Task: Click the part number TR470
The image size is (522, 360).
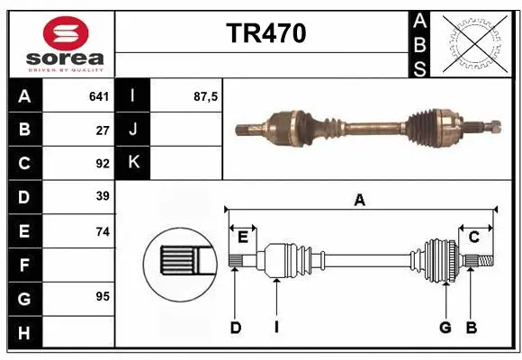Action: (x=265, y=33)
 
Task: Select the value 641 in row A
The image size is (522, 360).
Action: (x=98, y=96)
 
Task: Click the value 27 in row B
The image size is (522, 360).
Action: (x=102, y=130)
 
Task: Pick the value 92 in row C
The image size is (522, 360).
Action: (x=102, y=163)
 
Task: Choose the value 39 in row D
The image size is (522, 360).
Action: (x=102, y=196)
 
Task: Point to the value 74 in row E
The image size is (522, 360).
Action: (x=102, y=231)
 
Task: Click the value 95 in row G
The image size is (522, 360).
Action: (x=102, y=296)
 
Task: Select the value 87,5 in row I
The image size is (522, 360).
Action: (x=206, y=96)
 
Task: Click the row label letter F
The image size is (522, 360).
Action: (x=24, y=265)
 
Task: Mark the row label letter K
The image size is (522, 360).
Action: (x=134, y=163)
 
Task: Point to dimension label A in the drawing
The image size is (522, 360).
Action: (x=360, y=201)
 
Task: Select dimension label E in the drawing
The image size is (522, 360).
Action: (x=243, y=237)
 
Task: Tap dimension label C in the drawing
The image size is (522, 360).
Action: (x=473, y=237)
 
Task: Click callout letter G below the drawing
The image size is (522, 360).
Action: (x=444, y=328)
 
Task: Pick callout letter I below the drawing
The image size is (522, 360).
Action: (x=276, y=328)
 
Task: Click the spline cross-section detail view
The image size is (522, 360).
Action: (x=183, y=262)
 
